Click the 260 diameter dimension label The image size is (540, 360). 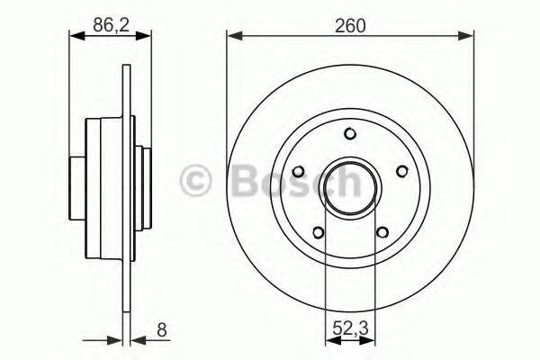[x=350, y=26]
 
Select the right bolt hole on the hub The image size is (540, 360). [x=401, y=171]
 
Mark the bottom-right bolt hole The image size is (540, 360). [x=382, y=231]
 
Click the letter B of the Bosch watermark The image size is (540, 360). [x=244, y=182]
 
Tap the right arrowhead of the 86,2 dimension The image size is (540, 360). [x=127, y=37]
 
